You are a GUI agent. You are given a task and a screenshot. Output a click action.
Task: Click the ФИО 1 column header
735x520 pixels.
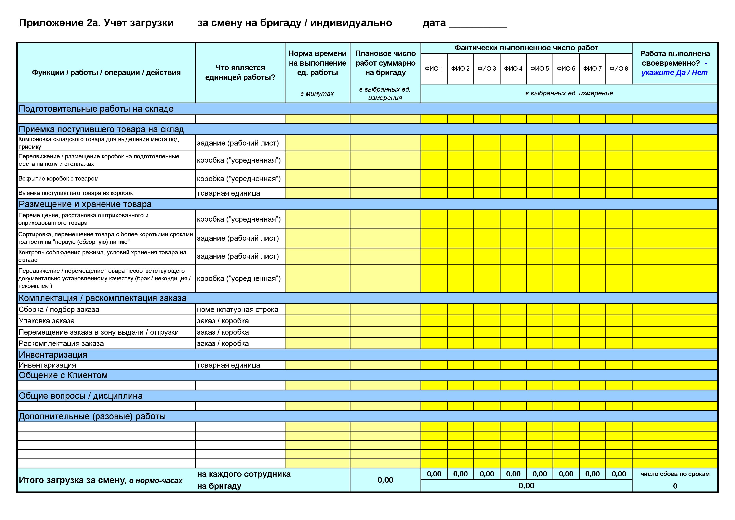click(434, 69)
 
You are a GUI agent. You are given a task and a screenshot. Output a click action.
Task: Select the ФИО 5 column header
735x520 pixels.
click(539, 69)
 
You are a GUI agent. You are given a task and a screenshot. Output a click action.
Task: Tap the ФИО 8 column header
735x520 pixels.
click(619, 69)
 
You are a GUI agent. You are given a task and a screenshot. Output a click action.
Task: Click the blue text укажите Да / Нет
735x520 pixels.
click(674, 73)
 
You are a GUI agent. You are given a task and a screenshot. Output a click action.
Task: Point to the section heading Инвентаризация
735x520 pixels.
click(53, 355)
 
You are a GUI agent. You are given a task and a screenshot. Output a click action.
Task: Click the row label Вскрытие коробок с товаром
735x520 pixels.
click(58, 178)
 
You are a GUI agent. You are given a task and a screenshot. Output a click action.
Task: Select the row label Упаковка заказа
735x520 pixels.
click(47, 321)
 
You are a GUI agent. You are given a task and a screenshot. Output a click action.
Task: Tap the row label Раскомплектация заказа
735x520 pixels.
click(61, 343)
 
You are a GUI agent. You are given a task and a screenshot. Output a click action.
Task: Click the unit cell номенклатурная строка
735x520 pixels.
click(238, 309)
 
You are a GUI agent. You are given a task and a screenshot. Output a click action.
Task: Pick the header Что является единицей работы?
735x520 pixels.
click(240, 72)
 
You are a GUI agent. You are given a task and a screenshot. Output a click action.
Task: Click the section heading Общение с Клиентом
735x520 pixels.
click(63, 375)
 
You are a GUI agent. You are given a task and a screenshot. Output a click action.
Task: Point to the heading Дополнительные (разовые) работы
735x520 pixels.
click(92, 416)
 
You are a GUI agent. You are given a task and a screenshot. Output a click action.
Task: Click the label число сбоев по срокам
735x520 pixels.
click(675, 474)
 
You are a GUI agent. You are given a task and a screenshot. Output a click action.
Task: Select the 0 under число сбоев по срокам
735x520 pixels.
click(675, 486)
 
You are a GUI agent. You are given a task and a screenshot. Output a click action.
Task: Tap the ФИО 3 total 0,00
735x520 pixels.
click(487, 474)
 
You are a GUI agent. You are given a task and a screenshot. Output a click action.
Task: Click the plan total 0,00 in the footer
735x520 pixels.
click(385, 480)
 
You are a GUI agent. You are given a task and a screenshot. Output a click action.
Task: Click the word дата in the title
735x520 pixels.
click(434, 23)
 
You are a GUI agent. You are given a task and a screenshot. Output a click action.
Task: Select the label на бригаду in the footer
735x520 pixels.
click(219, 486)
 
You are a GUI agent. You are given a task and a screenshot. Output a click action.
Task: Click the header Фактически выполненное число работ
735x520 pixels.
click(526, 48)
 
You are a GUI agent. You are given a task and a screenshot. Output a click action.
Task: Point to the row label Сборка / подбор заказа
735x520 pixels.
click(59, 309)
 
